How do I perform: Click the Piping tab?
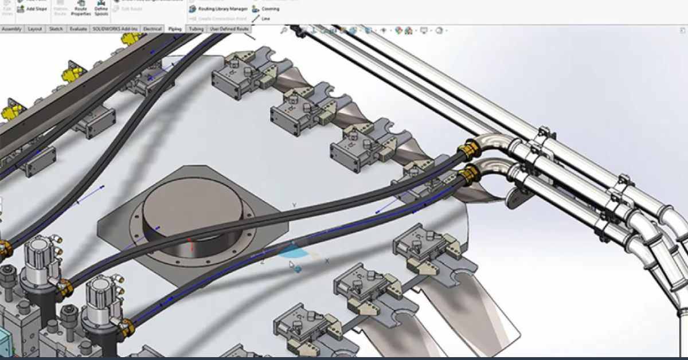click(x=175, y=29)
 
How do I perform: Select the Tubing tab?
click(x=197, y=29)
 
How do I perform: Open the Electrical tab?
click(x=152, y=29)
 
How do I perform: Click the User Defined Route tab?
click(x=229, y=29)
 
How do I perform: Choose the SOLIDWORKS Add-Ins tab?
click(x=115, y=29)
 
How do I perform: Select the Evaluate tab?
click(x=79, y=29)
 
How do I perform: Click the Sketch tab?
click(x=56, y=29)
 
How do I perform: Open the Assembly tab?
click(x=11, y=29)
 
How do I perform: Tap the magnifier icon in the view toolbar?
click(x=284, y=30)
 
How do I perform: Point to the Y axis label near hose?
click(x=294, y=205)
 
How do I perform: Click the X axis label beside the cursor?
click(x=327, y=261)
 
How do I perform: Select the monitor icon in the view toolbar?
click(x=424, y=30)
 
